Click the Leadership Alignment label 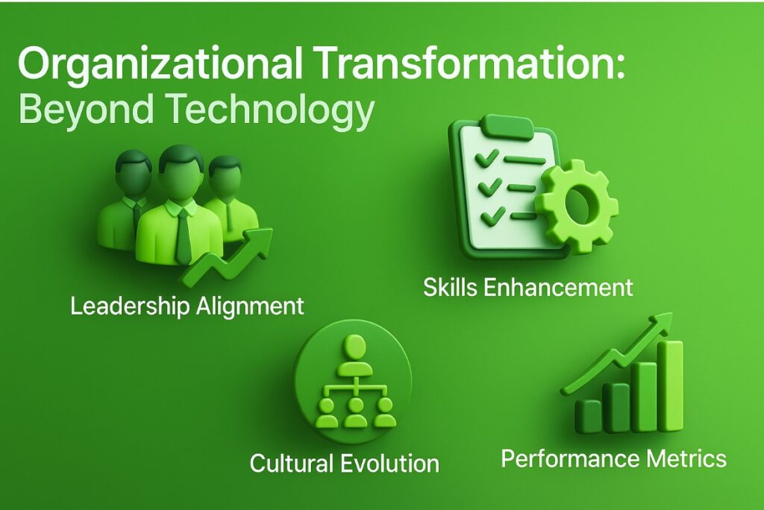[x=187, y=306]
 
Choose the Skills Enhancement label [x=528, y=287]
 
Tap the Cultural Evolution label [x=345, y=463]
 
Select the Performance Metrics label [x=614, y=459]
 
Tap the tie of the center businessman [x=183, y=236]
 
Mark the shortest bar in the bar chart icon [x=587, y=417]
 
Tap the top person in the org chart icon [x=355, y=357]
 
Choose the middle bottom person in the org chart [x=355, y=412]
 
